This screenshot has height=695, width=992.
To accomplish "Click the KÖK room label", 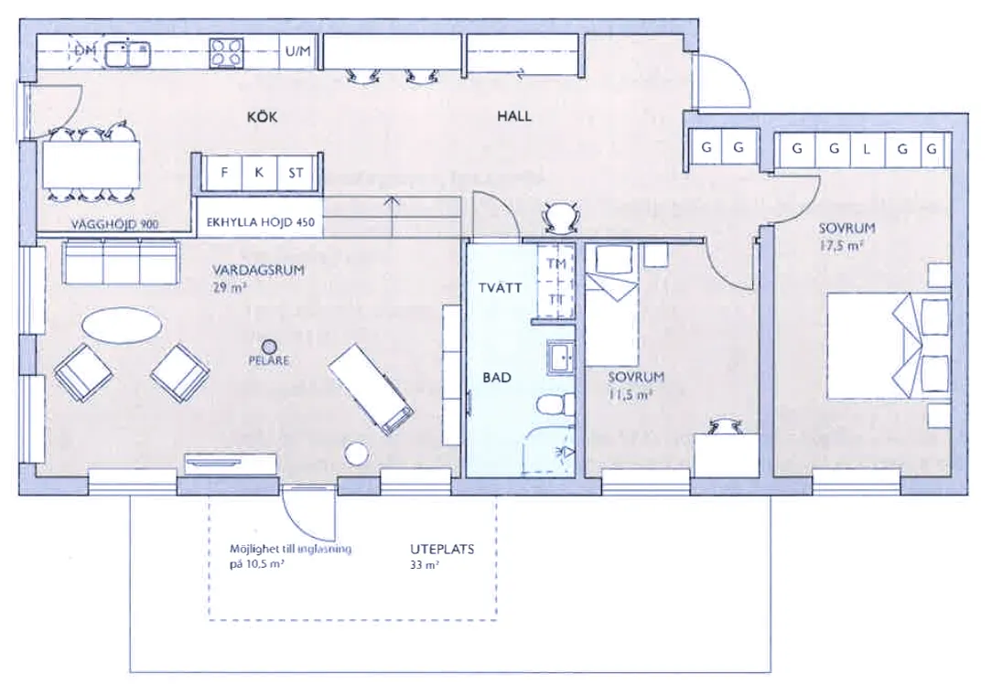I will point(262,117).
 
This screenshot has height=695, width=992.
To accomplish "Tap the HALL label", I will point(513,117).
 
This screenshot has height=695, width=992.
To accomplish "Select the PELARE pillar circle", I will point(269,346).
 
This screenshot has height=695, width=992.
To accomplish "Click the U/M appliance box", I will point(298,52).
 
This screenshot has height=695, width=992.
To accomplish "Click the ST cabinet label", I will point(295,171).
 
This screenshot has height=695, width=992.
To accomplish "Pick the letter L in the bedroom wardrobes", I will point(866,149).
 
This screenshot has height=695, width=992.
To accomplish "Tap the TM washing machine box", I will point(555,264).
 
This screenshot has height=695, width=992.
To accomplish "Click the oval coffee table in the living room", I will point(123,325).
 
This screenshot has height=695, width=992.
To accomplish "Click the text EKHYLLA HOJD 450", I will point(260,220).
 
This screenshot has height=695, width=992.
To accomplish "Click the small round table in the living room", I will point(355,452).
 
